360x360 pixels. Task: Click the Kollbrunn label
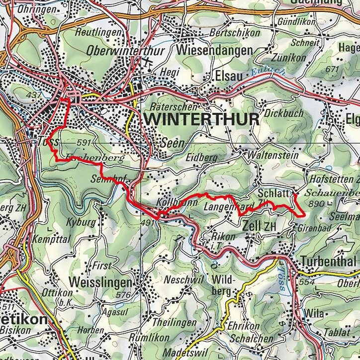174,204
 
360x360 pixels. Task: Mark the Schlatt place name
273,193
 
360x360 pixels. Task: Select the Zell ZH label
259,226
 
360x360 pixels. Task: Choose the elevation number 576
122,295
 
